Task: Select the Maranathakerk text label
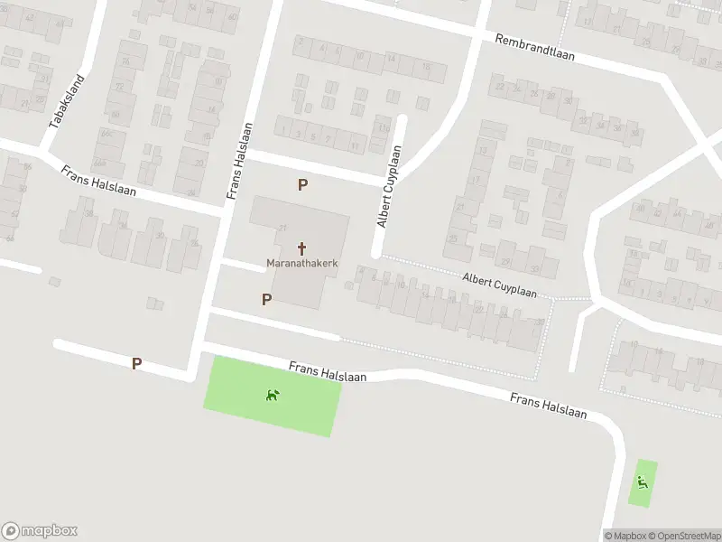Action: point(301,264)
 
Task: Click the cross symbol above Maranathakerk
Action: point(301,248)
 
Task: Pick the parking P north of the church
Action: point(303,184)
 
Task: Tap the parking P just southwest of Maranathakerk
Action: point(266,299)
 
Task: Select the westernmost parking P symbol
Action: point(136,363)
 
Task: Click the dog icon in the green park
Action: point(272,394)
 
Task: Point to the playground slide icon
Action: point(643,481)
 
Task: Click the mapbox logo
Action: point(40,531)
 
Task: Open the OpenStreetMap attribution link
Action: point(685,536)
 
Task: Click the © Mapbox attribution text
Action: point(625,536)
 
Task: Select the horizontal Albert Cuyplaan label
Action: point(499,286)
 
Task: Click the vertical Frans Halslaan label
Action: point(237,161)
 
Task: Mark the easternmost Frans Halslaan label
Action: point(548,406)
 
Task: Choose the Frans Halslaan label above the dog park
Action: point(328,372)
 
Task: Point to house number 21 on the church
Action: point(282,227)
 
